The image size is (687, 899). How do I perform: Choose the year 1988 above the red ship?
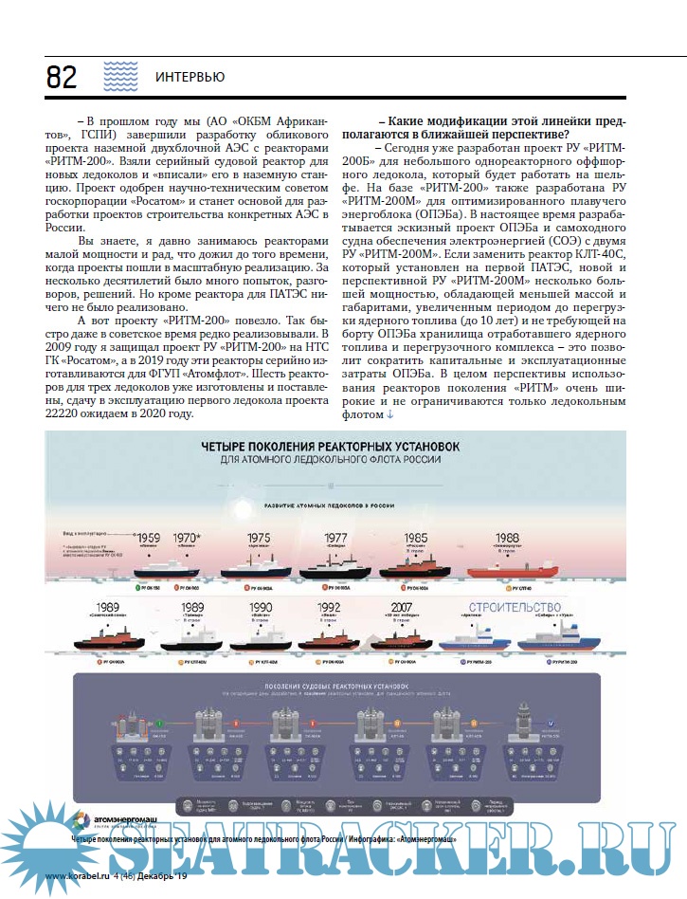[x=507, y=538]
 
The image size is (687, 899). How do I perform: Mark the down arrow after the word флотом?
[x=389, y=413]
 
